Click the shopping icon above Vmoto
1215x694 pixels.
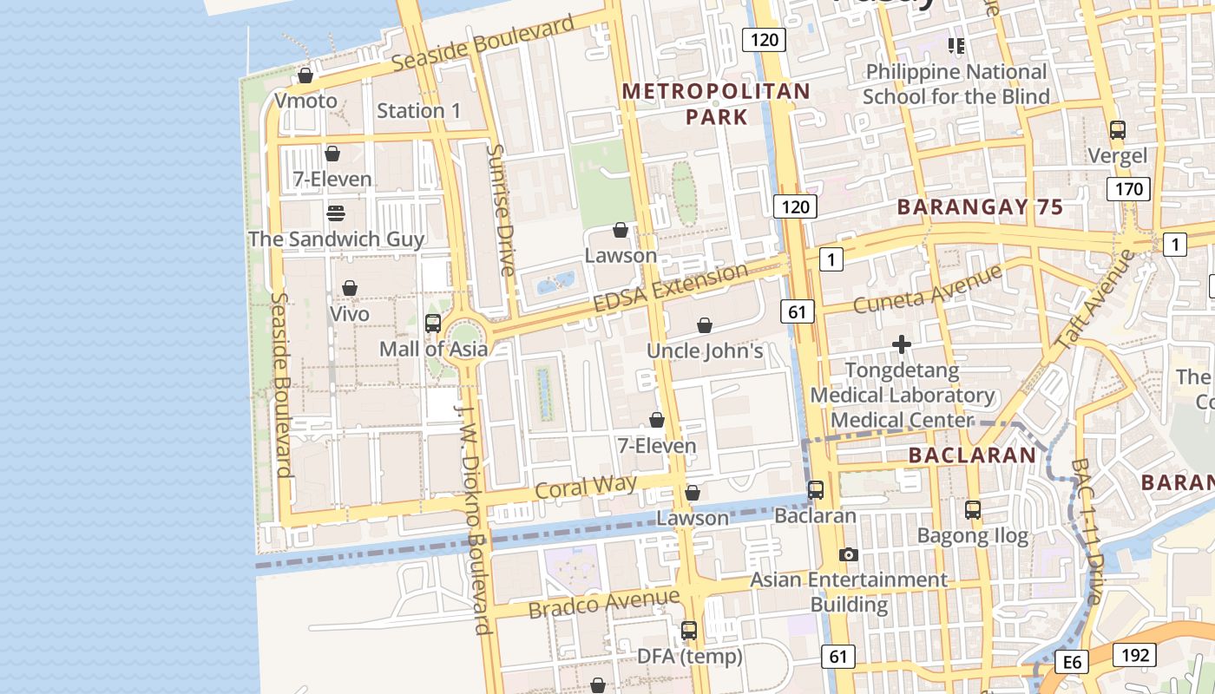305,75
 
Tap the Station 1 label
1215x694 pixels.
419,110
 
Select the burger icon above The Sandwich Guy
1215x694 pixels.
336,213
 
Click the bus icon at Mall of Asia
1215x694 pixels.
433,324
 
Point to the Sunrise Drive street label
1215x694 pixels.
501,209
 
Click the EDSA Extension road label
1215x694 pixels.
671,288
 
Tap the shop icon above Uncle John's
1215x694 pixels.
705,325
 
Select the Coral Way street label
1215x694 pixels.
586,487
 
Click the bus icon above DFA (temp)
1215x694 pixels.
689,631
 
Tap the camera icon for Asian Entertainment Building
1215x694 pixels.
849,554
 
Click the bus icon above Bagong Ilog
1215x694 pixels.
973,510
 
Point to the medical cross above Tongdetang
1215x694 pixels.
902,344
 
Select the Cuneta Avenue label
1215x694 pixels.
928,290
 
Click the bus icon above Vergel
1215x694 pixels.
1118,130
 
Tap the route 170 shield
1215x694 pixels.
1128,189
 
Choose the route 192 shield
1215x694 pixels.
1134,655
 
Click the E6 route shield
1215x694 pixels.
1073,663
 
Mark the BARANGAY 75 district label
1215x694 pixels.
980,207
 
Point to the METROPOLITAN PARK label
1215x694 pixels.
716,103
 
